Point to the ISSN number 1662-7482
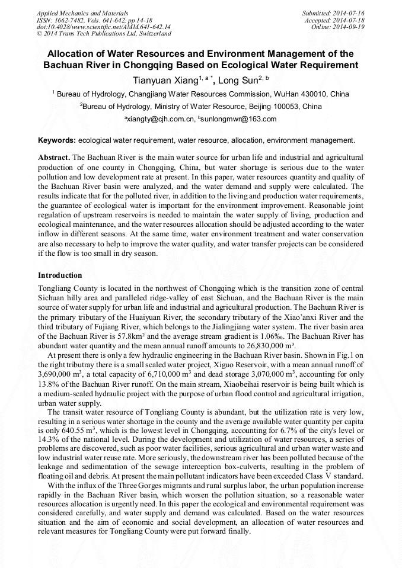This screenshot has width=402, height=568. coord(74,20)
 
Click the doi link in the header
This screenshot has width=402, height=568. coord(104,27)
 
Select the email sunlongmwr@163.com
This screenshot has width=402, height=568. coord(240,119)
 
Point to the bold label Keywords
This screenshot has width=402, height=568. coord(56,140)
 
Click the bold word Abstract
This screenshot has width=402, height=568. coord(54,158)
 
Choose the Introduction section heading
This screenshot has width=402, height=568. coord(60,275)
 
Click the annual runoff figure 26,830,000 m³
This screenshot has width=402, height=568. coord(261,346)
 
